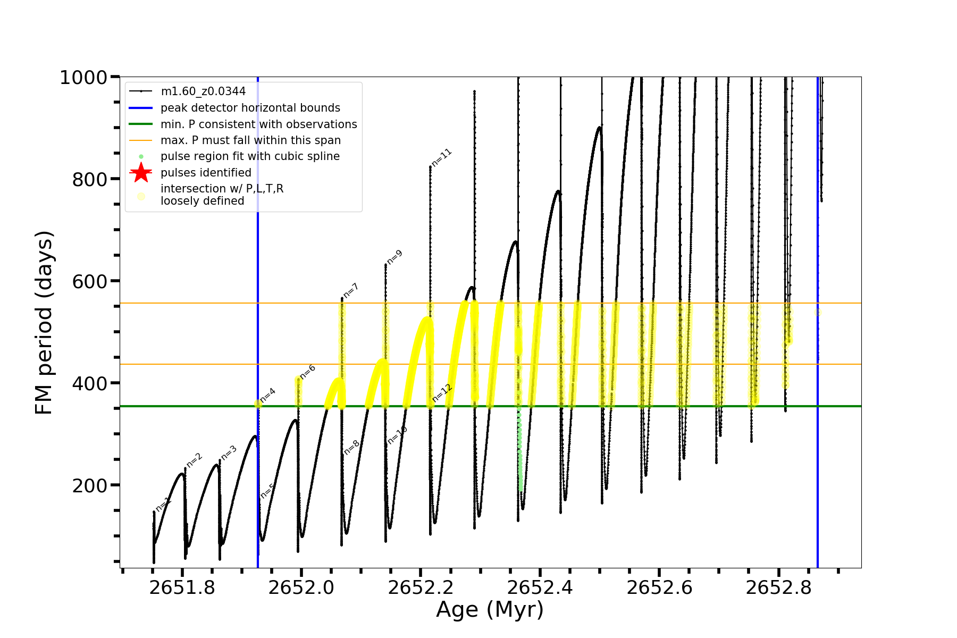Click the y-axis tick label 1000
(83, 78)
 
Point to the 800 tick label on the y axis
(89, 180)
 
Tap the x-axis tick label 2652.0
(301, 587)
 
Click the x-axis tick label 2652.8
(778, 587)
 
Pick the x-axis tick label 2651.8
(182, 587)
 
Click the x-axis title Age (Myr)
(490, 609)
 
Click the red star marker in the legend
(141, 172)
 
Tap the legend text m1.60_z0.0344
(203, 91)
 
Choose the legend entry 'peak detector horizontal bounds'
(250, 108)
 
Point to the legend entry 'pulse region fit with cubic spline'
(250, 156)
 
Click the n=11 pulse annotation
(441, 158)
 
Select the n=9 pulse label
(394, 257)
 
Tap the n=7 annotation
(351, 291)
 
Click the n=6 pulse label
(307, 372)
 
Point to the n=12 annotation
(442, 393)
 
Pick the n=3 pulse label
(229, 452)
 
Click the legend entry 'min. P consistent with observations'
(258, 124)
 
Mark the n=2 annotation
(195, 460)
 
